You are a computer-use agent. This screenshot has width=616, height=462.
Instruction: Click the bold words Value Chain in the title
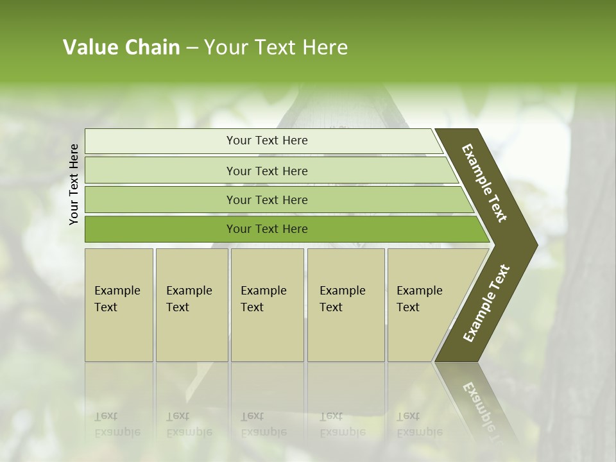tap(121, 47)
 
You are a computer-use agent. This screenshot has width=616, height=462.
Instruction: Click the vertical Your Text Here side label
tap(74, 184)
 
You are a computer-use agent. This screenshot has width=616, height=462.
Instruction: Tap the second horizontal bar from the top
tap(160, 171)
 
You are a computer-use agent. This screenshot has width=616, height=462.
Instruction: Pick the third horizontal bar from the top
tap(160, 200)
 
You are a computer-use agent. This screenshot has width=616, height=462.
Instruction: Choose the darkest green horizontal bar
tap(160, 229)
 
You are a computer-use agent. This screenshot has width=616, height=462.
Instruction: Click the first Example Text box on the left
tap(119, 305)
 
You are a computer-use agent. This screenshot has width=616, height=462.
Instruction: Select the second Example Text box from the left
tap(192, 305)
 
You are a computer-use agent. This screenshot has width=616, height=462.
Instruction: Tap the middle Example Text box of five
tap(267, 305)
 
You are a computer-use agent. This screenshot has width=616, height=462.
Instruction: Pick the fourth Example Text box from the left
tap(346, 305)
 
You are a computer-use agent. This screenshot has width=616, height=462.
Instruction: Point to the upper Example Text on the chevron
tap(484, 183)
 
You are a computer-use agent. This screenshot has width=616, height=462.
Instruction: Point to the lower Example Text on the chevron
tap(486, 303)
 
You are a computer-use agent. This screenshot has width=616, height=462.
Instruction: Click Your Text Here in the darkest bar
tap(267, 229)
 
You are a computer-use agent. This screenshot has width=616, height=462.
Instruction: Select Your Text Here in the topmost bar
tap(267, 141)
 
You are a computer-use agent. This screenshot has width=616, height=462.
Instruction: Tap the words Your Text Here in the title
tap(276, 47)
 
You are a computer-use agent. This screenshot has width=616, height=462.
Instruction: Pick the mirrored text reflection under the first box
tap(117, 424)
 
